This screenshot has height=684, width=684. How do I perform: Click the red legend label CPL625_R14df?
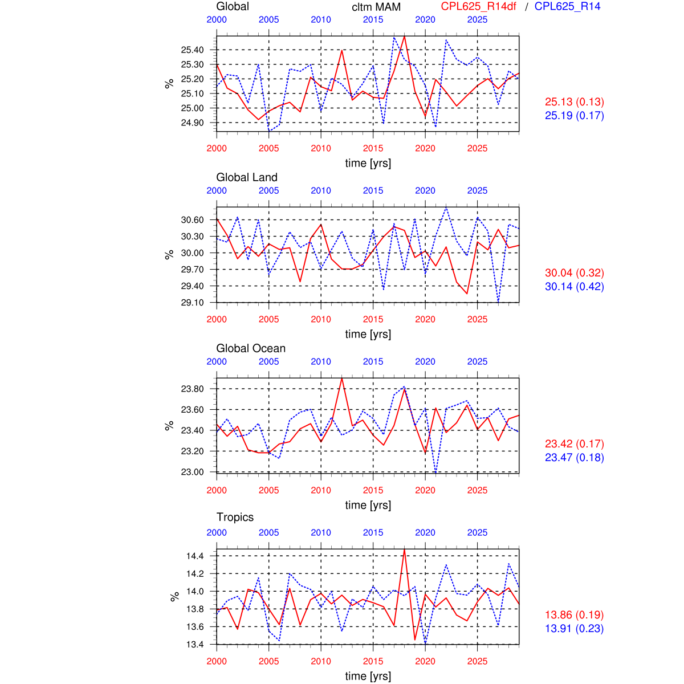click(x=479, y=7)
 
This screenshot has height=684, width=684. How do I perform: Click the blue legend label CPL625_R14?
click(x=567, y=7)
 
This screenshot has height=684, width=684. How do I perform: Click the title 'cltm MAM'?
click(x=376, y=7)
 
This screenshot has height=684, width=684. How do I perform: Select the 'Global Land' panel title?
click(x=247, y=177)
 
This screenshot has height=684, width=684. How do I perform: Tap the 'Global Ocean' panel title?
click(x=251, y=348)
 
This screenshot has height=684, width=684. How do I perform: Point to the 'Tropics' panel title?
click(x=235, y=517)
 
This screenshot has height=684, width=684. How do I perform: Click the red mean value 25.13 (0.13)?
click(x=574, y=102)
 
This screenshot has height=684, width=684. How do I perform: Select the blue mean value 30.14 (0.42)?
click(x=574, y=287)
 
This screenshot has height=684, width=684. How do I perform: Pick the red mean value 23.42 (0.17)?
click(x=574, y=444)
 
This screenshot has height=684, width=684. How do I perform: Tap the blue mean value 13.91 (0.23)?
click(x=574, y=629)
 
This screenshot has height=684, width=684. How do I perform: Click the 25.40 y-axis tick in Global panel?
click(x=192, y=50)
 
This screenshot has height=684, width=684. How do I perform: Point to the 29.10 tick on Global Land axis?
click(x=192, y=303)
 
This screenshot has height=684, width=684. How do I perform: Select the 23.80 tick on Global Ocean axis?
click(x=192, y=389)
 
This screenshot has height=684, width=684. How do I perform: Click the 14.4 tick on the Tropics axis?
click(x=195, y=556)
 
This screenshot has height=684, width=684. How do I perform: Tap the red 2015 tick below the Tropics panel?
click(x=373, y=661)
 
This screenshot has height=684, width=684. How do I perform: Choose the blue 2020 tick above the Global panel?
click(x=425, y=19)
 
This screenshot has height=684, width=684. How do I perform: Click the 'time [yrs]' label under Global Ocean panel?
click(x=368, y=505)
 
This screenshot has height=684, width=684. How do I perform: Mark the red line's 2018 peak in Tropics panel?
click(x=404, y=549)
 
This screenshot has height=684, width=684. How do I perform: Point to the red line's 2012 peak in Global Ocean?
click(x=342, y=378)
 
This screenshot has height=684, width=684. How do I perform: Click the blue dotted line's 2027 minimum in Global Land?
click(x=498, y=302)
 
